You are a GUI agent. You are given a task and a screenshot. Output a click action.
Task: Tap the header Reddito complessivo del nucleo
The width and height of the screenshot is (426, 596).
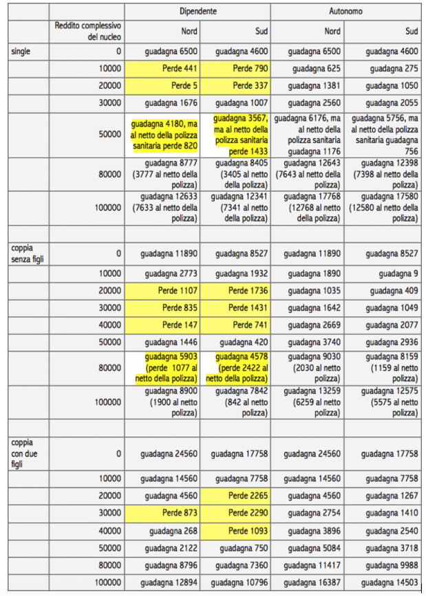tap(87, 30)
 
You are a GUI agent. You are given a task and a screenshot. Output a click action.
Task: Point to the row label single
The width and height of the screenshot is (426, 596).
tap(21, 51)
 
